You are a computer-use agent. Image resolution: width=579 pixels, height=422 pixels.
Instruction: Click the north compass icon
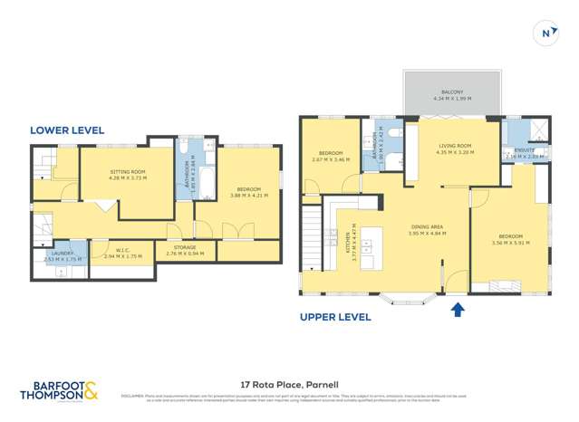545,34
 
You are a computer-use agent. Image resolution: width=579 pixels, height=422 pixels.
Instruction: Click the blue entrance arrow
458,310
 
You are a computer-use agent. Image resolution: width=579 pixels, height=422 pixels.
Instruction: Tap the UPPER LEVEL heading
335,317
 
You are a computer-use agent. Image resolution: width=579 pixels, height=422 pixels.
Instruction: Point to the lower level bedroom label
238,191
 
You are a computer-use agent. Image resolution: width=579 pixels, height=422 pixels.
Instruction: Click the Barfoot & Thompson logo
60,391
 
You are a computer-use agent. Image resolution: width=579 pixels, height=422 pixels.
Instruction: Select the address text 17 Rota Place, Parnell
289,384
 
